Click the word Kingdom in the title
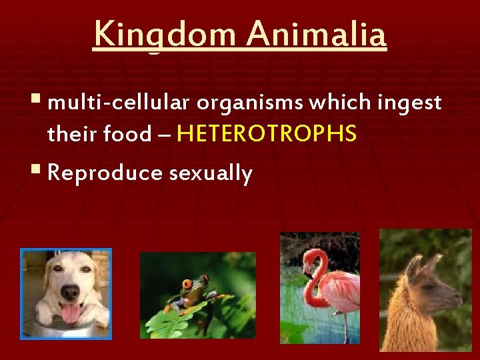[163, 35]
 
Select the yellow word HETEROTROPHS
[267, 135]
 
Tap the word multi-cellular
[119, 103]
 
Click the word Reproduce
[105, 173]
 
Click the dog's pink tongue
[70, 312]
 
